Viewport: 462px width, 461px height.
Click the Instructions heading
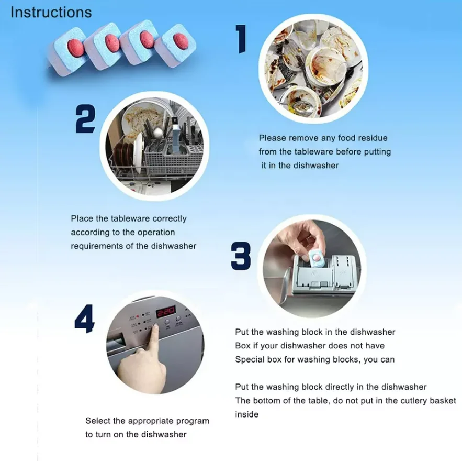tap(51, 13)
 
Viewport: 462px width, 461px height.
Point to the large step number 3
tap(241, 256)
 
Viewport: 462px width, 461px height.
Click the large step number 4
tap(84, 319)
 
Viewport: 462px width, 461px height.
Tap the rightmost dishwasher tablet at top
tap(177, 42)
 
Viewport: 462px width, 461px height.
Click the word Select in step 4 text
tap(98, 421)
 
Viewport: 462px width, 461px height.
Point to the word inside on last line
tap(246, 414)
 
